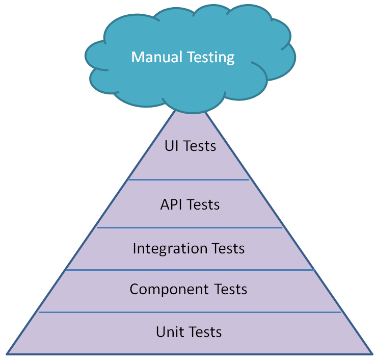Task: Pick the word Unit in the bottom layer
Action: pos(169,332)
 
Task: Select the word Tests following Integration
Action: pos(225,248)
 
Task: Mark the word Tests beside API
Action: pos(203,204)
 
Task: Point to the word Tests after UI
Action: pos(199,146)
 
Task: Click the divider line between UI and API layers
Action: pos(189,179)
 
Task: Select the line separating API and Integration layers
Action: pos(189,227)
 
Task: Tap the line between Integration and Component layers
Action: pos(189,270)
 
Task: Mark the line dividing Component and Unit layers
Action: pos(189,312)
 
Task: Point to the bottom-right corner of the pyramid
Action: pos(370,353)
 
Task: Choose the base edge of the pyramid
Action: pos(189,353)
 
